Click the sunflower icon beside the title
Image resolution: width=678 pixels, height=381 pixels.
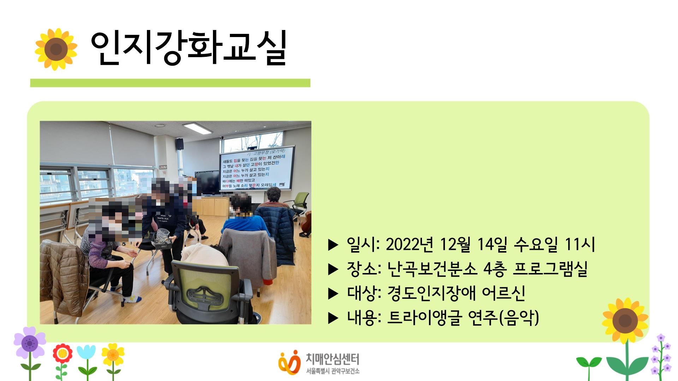point(56,49)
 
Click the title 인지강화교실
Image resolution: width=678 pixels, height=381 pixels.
point(188,49)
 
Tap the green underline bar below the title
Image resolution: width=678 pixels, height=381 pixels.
point(170,83)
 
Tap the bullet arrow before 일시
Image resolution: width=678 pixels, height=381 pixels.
point(333,245)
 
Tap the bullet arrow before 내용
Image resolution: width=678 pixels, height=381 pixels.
point(333,318)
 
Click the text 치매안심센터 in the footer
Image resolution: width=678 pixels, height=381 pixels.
point(332,359)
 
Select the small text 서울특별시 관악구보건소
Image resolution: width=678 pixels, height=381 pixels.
point(333,371)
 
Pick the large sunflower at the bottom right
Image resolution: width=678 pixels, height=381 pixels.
point(625,320)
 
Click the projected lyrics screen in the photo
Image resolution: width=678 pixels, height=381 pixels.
point(257,169)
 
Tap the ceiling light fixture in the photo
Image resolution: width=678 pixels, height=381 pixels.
point(197,127)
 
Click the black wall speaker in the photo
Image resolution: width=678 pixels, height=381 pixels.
point(180,143)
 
